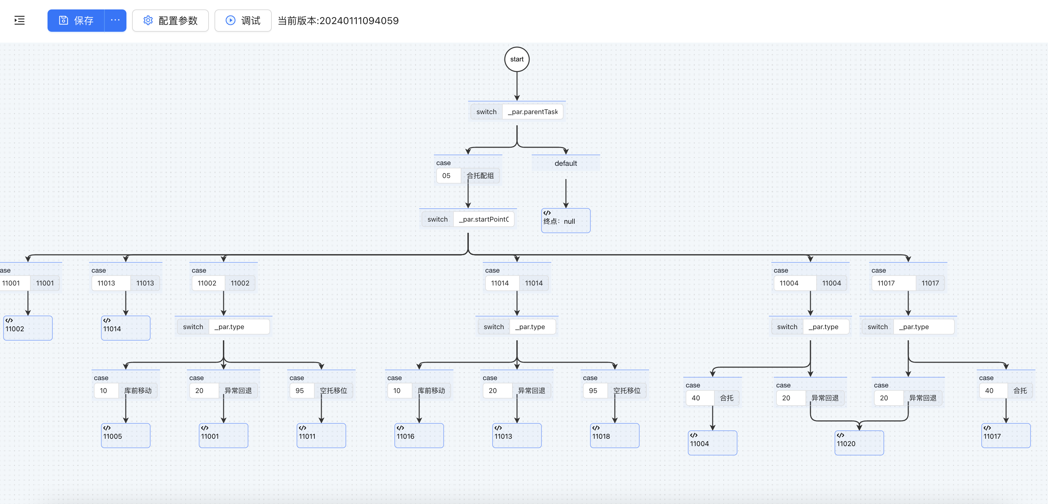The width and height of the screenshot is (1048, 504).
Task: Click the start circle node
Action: (517, 59)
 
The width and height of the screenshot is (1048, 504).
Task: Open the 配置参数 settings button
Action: (170, 21)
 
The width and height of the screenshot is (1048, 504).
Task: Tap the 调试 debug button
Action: (243, 21)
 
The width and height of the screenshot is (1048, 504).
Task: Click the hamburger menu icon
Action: (20, 20)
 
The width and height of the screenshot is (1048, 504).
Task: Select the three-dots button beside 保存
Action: (115, 20)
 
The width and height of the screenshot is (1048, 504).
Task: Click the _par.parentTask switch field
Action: (532, 112)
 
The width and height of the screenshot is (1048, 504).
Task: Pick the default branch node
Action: (566, 163)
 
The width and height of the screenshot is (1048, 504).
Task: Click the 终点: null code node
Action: (566, 221)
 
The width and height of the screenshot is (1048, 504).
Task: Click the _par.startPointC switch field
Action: (484, 220)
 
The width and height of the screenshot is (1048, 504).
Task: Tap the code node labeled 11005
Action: (125, 436)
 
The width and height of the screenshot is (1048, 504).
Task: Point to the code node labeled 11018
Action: (614, 436)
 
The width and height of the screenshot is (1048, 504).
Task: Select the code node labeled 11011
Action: (321, 436)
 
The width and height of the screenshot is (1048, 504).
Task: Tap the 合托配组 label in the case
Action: (480, 176)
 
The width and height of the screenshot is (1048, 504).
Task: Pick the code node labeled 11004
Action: (712, 443)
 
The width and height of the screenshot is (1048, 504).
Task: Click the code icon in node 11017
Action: (987, 428)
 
